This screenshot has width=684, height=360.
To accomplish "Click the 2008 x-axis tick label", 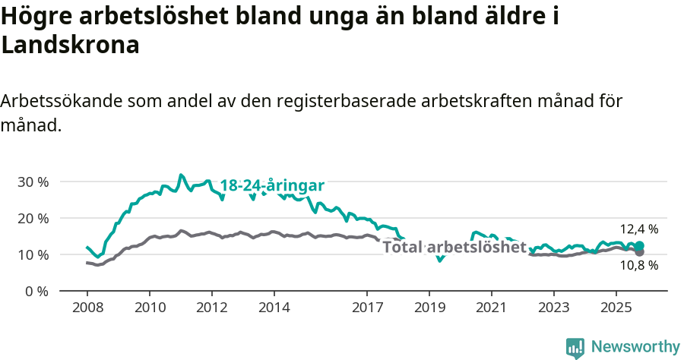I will (x=87, y=308).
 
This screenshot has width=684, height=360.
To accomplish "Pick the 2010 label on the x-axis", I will (x=149, y=308).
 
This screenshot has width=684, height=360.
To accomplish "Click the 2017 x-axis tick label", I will (x=367, y=308).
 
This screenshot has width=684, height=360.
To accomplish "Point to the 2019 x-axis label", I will (x=429, y=308).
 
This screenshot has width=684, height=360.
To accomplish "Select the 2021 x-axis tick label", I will (x=492, y=308).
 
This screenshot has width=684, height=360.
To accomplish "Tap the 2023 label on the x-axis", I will (x=553, y=308).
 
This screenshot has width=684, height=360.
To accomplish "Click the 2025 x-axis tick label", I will (x=616, y=308).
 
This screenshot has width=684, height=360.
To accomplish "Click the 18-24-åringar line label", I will (x=272, y=186).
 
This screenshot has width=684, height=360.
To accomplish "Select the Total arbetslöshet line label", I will (x=454, y=247).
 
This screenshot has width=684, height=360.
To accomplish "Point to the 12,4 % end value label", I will (x=639, y=229).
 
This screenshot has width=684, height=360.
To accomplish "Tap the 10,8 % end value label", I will (x=639, y=266).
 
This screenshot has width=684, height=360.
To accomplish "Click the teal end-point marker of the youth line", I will (x=640, y=246).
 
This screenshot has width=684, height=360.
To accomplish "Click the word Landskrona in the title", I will (x=71, y=45).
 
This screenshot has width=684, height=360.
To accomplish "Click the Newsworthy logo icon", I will (x=575, y=348).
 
